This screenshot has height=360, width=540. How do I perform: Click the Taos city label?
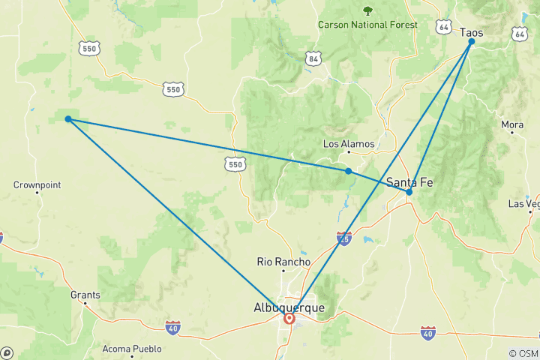(471, 33)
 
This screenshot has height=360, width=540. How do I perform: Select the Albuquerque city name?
(289, 307)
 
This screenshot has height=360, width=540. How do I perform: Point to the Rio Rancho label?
(283, 262)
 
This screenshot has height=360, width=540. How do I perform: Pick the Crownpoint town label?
(37, 184)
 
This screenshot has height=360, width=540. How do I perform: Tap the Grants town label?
(85, 295)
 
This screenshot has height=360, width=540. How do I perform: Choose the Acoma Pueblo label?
(132, 349)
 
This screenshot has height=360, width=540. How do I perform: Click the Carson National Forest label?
(367, 25)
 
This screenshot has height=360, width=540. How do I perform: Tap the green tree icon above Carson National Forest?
(367, 10)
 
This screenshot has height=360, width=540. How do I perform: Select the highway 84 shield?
(313, 58)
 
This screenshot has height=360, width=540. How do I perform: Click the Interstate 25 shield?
(344, 238)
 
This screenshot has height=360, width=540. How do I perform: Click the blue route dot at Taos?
(472, 42)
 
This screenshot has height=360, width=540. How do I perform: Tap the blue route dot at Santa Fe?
(409, 192)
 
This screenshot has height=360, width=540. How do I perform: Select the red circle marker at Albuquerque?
(289, 319)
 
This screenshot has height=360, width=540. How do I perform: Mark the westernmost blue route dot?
(68, 119)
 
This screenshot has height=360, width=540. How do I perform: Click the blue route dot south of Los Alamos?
(349, 171)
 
